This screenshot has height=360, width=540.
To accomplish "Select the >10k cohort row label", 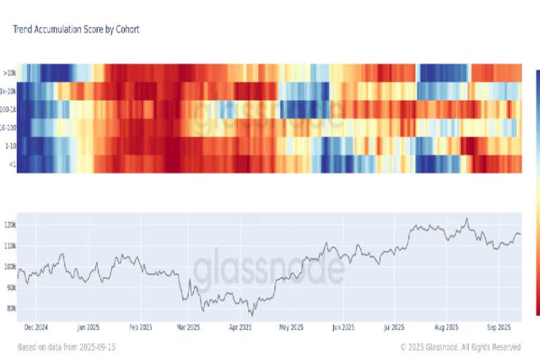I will point(9,72).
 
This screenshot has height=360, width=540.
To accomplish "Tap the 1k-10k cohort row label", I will point(7,91).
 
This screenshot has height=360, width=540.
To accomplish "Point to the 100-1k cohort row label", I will point(7,109).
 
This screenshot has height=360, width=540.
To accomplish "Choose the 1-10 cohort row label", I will point(9,146).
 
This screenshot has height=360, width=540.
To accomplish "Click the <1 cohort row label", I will point(11,164).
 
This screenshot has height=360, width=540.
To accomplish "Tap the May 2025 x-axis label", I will point(289,327).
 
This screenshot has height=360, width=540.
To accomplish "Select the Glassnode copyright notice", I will point(461,347).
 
